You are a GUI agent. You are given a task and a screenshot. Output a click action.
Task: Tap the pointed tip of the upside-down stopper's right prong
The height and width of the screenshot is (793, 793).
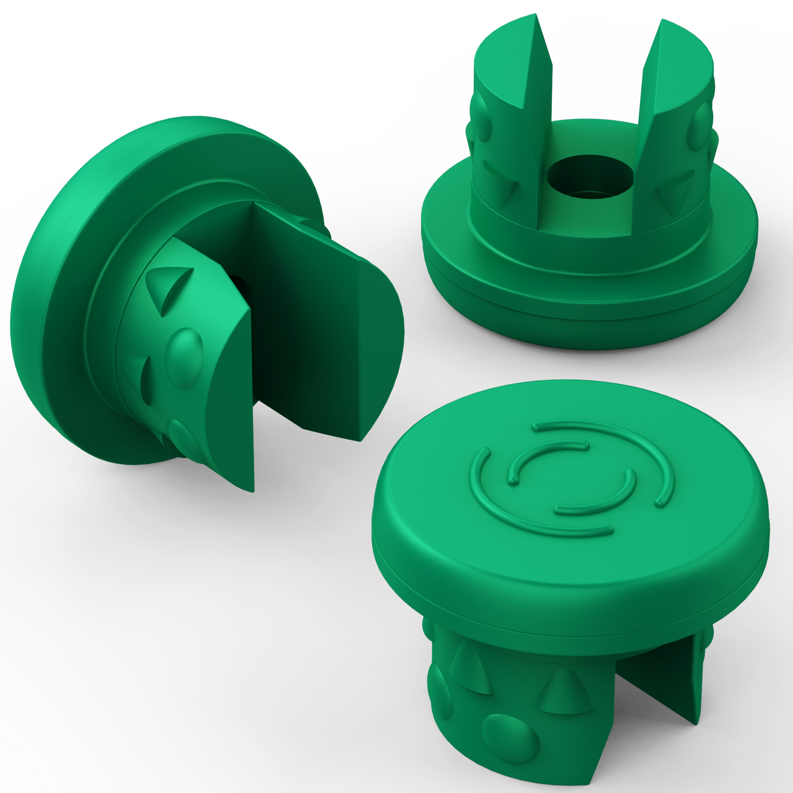(x=663, y=22)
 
